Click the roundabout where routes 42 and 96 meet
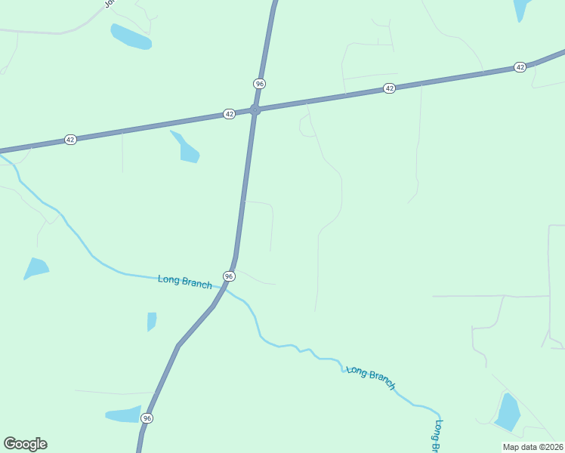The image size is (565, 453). tap(255, 110)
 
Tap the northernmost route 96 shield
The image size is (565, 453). tap(259, 83)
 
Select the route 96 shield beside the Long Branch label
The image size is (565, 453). tap(229, 276)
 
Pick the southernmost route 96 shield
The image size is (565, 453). tap(147, 418)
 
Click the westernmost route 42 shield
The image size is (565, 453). tap(70, 140)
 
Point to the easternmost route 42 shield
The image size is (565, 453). tap(520, 67)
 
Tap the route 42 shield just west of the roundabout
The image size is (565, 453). tap(229, 114)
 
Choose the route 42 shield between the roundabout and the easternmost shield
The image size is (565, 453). tap(389, 88)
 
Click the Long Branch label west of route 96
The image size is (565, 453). tap(185, 281)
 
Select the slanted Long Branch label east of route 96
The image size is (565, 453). tap(371, 377)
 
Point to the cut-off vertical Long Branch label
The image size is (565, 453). tap(437, 436)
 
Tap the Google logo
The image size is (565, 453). tap(25, 444)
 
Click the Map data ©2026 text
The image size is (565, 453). tap(533, 447)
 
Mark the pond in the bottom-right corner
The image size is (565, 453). tap(508, 412)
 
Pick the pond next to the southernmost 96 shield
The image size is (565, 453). tap(122, 414)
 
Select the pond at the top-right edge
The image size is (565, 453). tap(522, 9)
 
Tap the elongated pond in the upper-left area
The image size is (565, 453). tap(131, 36)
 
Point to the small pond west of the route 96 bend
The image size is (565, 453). tap(152, 320)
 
